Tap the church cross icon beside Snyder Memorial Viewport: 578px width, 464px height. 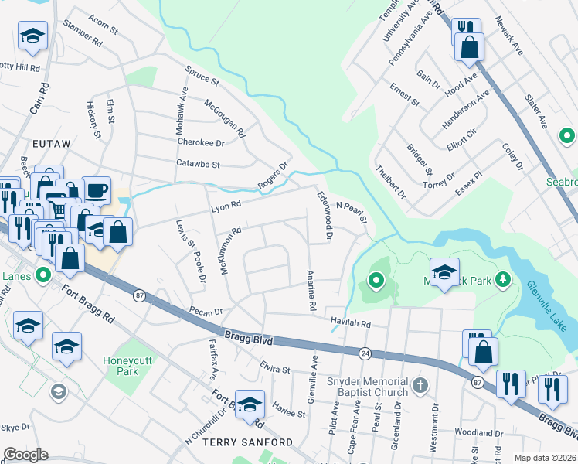click(x=420, y=384)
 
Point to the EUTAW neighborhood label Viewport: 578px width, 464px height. click(x=52, y=144)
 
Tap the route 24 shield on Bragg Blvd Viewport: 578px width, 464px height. click(x=364, y=353)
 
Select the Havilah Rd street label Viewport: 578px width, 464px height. click(x=350, y=324)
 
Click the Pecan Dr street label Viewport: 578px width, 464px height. click(x=206, y=312)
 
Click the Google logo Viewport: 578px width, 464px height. click(x=25, y=455)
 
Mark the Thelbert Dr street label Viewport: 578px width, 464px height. click(x=390, y=181)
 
